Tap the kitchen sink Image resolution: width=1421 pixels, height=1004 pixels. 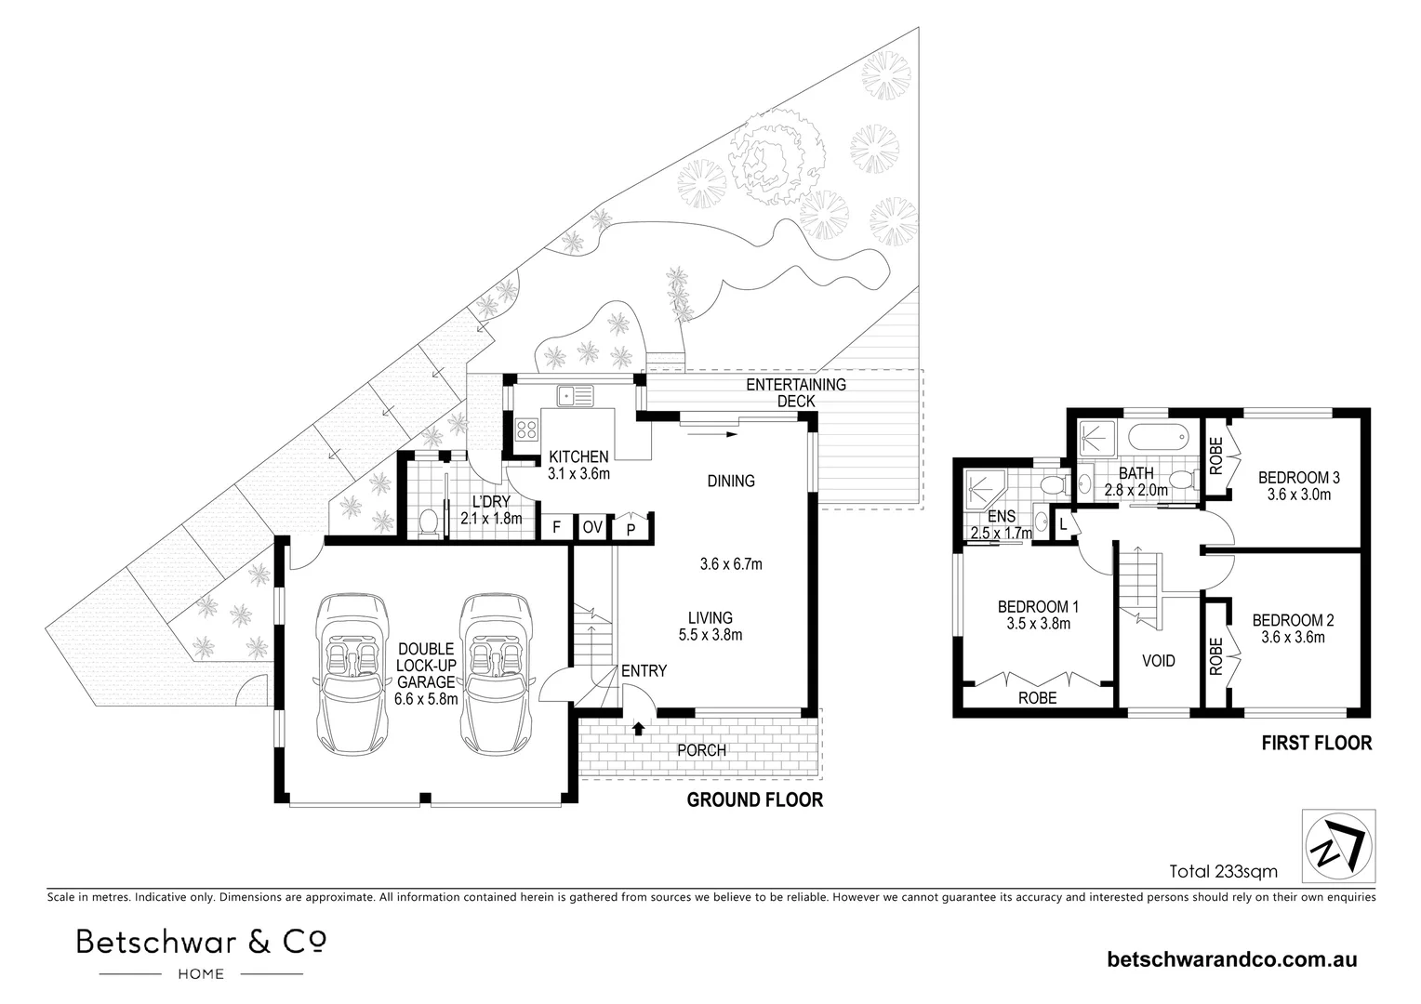(575, 396)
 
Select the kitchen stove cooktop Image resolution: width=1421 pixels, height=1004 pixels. (527, 429)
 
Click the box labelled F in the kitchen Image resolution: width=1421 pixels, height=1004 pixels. (556, 527)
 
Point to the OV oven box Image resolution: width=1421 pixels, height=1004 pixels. (592, 527)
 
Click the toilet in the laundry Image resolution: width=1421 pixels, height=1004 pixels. (429, 523)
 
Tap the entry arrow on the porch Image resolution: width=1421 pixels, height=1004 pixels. (639, 727)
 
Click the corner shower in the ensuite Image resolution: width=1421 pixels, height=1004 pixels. (982, 486)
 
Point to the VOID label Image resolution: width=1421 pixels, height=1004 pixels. (1158, 661)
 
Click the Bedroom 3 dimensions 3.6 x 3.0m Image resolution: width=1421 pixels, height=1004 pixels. (1298, 495)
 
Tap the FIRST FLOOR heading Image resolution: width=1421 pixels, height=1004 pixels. (1316, 743)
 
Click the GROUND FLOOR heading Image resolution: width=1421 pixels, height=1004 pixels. (754, 799)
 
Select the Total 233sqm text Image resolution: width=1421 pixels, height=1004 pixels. (1223, 872)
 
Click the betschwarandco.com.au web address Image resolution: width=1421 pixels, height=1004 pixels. (1232, 959)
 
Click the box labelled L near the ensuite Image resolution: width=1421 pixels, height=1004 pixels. (1063, 524)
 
